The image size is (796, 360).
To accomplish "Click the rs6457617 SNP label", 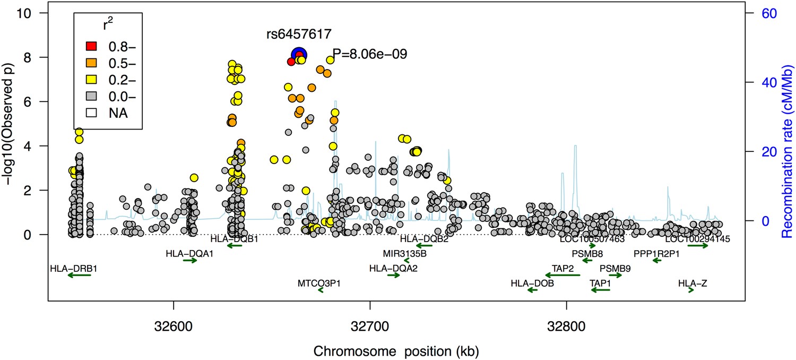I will [299, 35].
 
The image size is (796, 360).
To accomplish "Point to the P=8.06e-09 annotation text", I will [369, 54].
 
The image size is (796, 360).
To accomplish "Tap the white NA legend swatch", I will [90, 113].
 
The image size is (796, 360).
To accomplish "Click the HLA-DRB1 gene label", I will [73, 268].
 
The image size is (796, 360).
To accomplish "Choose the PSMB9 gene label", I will [615, 268].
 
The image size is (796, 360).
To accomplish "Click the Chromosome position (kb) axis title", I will [397, 351].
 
